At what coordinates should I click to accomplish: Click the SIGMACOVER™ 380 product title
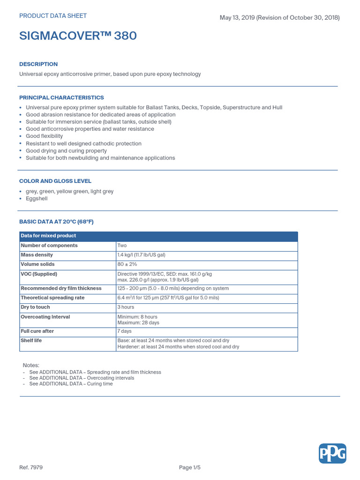tap(78, 36)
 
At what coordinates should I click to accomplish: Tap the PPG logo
tap(332, 453)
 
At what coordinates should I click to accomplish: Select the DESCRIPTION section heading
tap(38, 64)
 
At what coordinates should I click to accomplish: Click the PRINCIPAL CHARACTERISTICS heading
tap(61, 97)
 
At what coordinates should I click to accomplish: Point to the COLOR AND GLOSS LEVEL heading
tap(55, 181)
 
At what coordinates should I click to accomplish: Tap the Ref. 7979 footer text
tap(31, 467)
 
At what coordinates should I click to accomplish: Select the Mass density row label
tap(37, 255)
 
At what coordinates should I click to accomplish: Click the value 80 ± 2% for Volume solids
tap(127, 264)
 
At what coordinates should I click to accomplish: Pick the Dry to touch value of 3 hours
tap(126, 307)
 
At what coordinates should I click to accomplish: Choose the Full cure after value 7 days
tap(124, 331)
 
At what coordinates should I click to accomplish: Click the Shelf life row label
tap(31, 340)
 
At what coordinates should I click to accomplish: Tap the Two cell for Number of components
tap(122, 245)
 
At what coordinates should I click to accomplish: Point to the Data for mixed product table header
tap(48, 236)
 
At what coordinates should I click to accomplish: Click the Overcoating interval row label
tap(45, 317)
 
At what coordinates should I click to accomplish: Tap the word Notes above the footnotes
tap(31, 365)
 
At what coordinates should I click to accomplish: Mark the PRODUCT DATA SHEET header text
tap(53, 16)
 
